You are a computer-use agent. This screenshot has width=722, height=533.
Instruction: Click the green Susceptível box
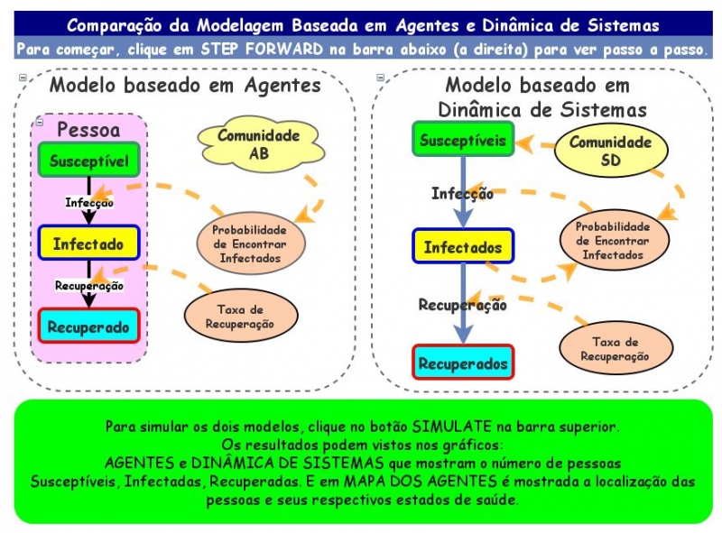point(88,161)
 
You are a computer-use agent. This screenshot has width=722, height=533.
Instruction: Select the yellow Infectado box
point(88,244)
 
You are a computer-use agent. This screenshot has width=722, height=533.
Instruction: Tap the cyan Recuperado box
point(88,326)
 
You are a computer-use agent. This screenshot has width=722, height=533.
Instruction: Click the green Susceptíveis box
point(463,141)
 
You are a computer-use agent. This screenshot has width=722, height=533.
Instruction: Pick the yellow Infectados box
point(463,247)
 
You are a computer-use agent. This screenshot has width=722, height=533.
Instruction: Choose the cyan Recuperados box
point(463,363)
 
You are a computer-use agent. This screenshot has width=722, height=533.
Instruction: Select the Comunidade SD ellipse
point(610,152)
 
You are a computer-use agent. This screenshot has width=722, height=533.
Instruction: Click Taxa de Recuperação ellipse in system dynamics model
point(615,348)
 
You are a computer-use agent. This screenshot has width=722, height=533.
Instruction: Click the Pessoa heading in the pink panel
point(88,128)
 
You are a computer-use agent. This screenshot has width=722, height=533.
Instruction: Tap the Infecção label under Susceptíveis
point(461,193)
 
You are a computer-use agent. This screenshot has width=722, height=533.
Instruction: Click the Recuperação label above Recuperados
point(462,305)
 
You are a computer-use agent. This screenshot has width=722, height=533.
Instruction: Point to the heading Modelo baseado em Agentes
point(185,86)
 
